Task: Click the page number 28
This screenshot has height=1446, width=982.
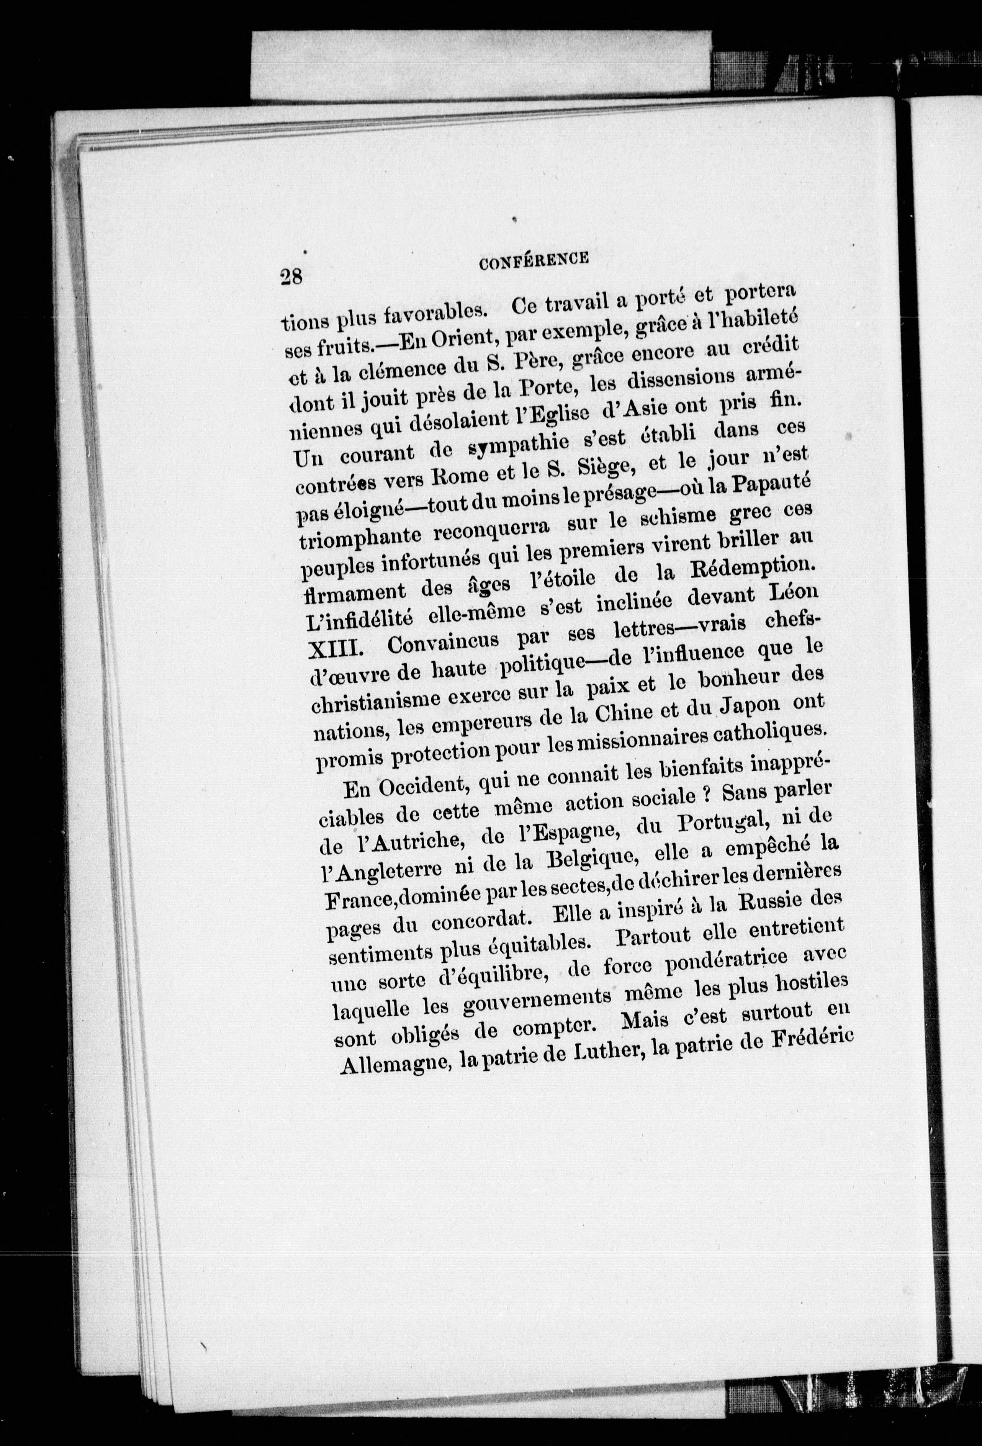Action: coord(291,276)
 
